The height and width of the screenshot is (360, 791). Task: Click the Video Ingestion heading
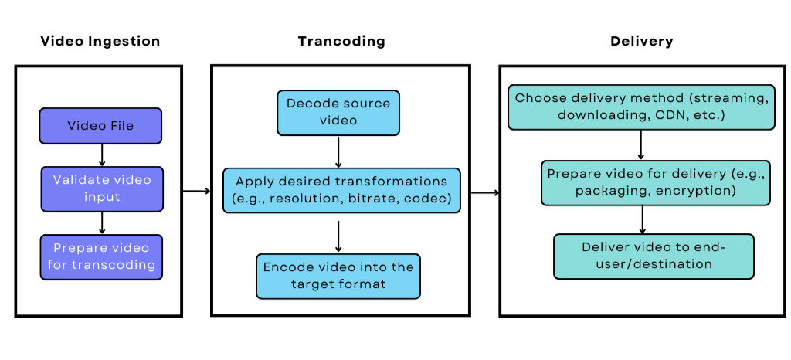(100, 41)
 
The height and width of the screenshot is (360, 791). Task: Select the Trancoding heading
(341, 41)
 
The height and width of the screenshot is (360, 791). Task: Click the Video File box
(101, 126)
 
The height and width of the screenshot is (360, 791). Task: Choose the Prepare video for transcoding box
(101, 257)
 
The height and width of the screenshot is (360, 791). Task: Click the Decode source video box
(338, 112)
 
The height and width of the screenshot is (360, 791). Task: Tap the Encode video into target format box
(338, 276)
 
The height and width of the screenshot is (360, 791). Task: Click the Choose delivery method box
(640, 107)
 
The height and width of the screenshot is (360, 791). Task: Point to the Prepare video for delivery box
(655, 183)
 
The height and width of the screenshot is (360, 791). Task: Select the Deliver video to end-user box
(654, 256)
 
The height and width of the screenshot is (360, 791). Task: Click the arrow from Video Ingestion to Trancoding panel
(196, 191)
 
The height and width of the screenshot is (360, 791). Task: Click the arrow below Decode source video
(338, 151)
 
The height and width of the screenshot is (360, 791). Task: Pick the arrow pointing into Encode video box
(338, 236)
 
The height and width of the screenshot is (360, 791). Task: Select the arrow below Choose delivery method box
(641, 145)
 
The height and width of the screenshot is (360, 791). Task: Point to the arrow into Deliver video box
(641, 219)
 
